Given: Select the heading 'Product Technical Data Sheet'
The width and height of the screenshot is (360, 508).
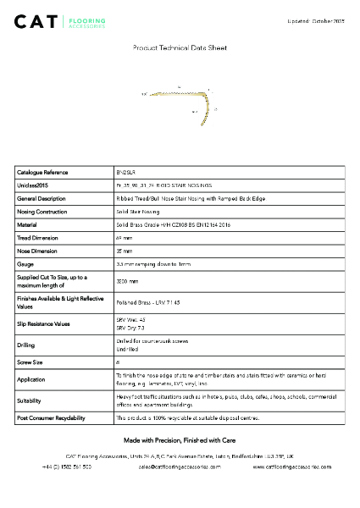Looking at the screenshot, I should pos(180,49).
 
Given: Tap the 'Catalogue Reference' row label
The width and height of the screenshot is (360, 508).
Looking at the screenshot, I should pos(42,172).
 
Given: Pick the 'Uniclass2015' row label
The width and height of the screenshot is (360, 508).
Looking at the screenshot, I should pos(33,185).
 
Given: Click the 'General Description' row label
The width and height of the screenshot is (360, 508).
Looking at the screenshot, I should pos(42,198).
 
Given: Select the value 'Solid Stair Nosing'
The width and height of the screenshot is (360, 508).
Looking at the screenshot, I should pos(138,212).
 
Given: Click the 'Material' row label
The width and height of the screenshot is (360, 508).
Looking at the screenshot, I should pos(27,225).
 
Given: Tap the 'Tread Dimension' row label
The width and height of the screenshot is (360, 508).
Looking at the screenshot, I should pos(37,239).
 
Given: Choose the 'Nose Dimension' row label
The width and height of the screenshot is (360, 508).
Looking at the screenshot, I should pos(37,251).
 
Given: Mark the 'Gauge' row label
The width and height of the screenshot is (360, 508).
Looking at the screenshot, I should pos(25,265).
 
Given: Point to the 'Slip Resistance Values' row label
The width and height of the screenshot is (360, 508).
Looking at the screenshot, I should pos(44,324).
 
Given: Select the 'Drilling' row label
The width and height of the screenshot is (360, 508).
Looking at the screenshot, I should pos(26,345).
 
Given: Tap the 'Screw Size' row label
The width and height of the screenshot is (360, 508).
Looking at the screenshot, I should pos(30,360).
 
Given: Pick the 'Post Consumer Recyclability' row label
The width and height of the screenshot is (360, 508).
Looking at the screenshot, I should pos(51,418).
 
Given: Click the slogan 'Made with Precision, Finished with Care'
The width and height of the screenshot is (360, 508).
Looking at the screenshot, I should pos(180,441).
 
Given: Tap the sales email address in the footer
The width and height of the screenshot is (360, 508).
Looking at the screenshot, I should pos(180,466).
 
